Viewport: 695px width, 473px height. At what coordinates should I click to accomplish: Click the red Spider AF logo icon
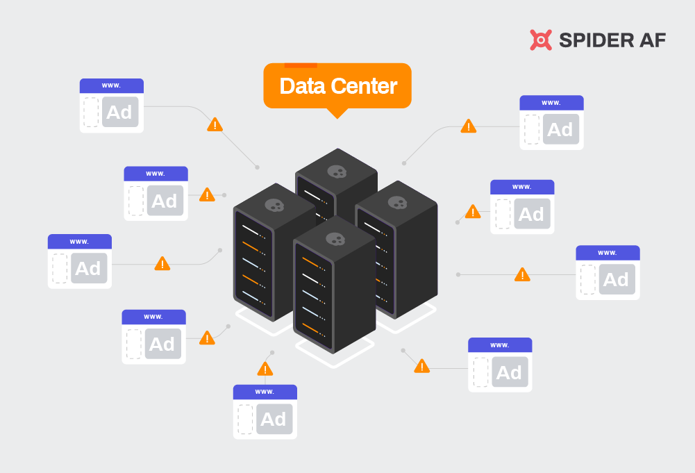point(541,40)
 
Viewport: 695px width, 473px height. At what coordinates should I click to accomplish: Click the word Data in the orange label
point(302,86)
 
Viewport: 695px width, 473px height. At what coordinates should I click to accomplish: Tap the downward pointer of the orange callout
point(337,113)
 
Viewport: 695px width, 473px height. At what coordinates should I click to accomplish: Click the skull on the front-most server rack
point(335,239)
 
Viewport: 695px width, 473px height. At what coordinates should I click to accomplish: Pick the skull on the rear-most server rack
point(337,171)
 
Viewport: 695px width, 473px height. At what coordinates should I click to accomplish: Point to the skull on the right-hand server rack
point(397,203)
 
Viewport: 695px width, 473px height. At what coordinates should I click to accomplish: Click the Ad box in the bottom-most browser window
point(274,420)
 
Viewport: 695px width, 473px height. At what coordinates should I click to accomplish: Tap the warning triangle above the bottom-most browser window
point(265,369)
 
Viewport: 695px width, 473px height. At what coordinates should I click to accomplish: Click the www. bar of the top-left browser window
point(112,85)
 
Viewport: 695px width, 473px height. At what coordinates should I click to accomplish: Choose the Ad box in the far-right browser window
point(616,279)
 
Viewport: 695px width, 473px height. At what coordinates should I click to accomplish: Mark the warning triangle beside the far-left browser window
point(162,264)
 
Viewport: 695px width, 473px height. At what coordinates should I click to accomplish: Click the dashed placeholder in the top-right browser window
point(532,129)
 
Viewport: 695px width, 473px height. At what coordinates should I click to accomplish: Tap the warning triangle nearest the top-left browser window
point(215,125)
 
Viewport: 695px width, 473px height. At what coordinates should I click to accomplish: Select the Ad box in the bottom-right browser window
point(508,372)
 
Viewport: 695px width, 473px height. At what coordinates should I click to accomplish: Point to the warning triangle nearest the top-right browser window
point(469,126)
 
